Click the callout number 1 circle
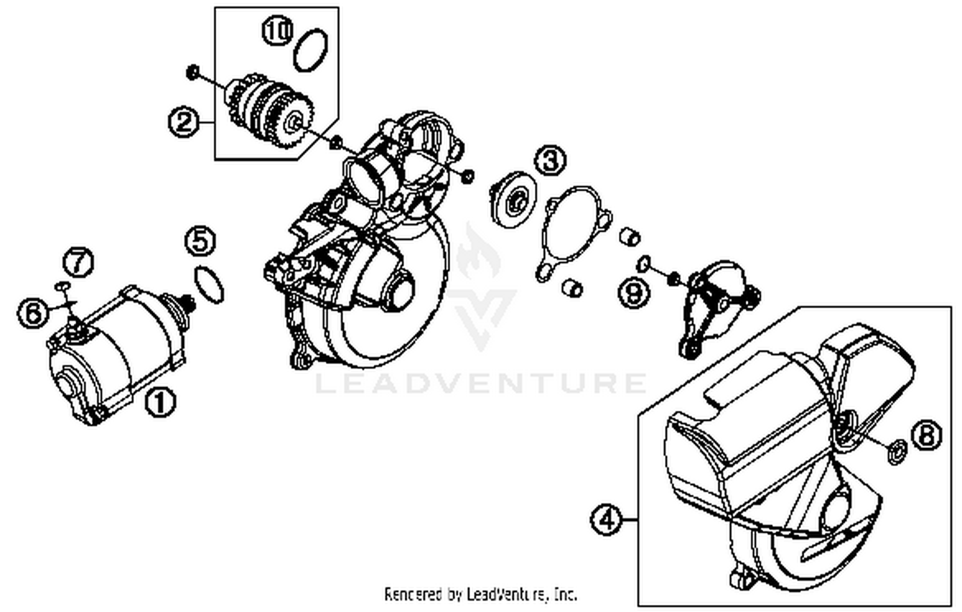(x=160, y=402)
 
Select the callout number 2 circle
(x=183, y=121)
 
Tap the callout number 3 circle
(x=551, y=160)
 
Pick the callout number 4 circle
(x=606, y=518)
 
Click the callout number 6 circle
(x=33, y=313)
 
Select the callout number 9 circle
(x=634, y=293)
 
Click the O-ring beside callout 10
(x=312, y=50)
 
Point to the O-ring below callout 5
(x=209, y=284)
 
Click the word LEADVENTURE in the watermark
(x=481, y=383)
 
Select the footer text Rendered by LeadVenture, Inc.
(x=480, y=594)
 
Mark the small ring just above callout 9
(x=644, y=263)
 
